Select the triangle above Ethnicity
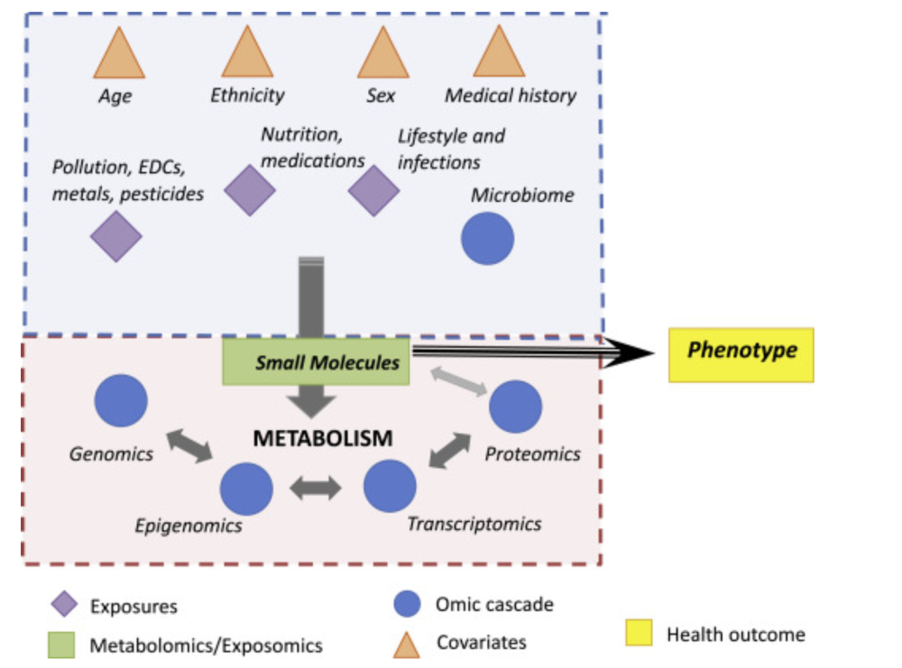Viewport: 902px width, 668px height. click(x=247, y=57)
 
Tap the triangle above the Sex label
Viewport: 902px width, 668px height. click(x=383, y=57)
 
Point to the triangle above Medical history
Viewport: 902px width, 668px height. click(x=499, y=57)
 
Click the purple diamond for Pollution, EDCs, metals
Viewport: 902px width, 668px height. click(x=116, y=236)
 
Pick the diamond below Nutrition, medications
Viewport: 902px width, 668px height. click(x=249, y=190)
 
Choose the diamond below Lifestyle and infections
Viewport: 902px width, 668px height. click(x=373, y=190)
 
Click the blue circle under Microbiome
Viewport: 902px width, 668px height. click(x=488, y=239)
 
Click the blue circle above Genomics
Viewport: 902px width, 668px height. click(x=122, y=399)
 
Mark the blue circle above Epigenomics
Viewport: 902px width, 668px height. click(x=246, y=488)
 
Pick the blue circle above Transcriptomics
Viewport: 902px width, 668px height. click(x=390, y=486)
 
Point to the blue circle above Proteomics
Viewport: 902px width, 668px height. click(x=516, y=407)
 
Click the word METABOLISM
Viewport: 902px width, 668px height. click(x=322, y=439)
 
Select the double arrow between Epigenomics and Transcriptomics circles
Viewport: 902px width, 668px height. click(x=316, y=489)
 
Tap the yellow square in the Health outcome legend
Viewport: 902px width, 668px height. click(x=640, y=634)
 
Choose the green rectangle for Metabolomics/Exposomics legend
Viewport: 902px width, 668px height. click(x=61, y=645)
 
